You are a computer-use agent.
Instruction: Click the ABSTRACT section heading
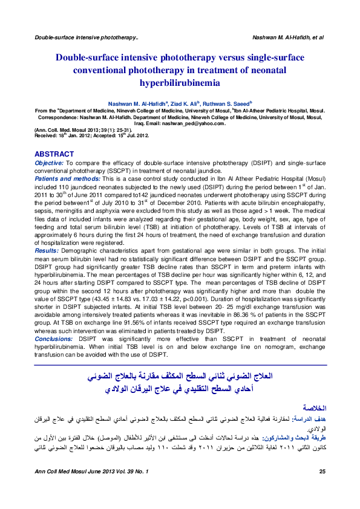pos(54,154)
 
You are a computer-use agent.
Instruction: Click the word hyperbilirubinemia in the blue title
pos(180,80)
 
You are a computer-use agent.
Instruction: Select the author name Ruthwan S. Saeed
pos(228,103)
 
